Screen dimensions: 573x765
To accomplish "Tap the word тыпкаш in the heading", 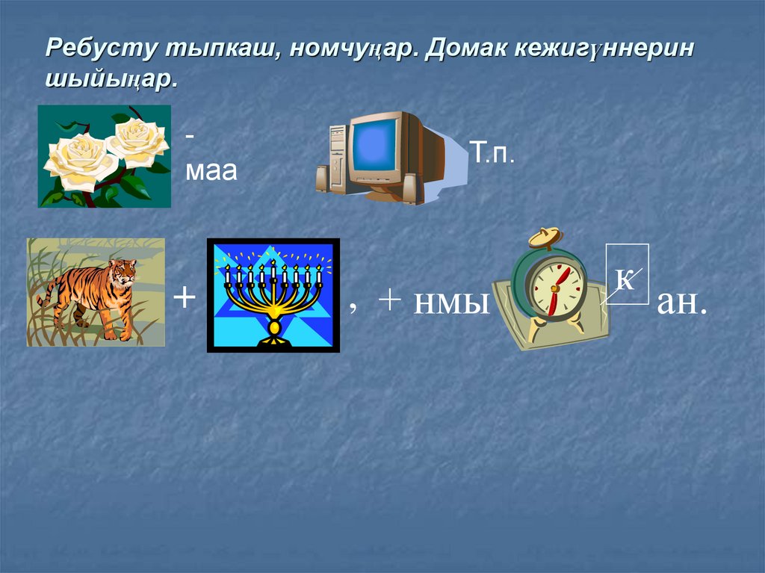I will (x=211, y=49).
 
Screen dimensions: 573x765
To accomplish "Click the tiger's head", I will (x=124, y=270).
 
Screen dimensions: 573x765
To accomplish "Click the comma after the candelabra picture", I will (x=353, y=306).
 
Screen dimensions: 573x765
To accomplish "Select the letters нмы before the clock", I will (x=452, y=303).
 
